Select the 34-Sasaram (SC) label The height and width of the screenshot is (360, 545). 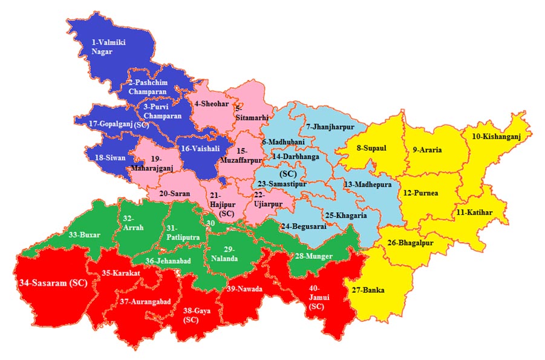pyautogui.click(x=50, y=282)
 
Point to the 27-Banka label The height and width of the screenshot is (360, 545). pyautogui.click(x=369, y=290)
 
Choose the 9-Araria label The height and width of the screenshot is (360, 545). pyautogui.click(x=428, y=149)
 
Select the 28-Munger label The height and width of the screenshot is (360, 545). pyautogui.click(x=314, y=257)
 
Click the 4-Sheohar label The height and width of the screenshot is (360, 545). pyautogui.click(x=212, y=104)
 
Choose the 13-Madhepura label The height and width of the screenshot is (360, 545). pyautogui.click(x=368, y=184)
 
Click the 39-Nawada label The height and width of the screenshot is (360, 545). pyautogui.click(x=244, y=289)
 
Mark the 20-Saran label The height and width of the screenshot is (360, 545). pyautogui.click(x=175, y=194)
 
